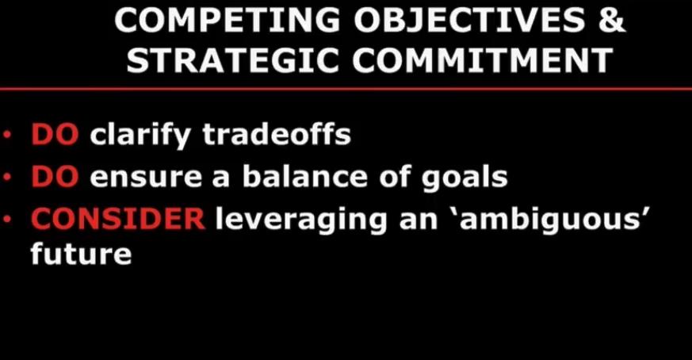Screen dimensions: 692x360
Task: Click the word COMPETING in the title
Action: [x=227, y=21]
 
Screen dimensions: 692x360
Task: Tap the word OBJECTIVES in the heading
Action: [x=468, y=21]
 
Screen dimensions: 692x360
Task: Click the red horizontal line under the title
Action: [x=346, y=89]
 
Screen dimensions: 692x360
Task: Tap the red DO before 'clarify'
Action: [x=55, y=134]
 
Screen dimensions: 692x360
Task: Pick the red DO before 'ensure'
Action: [x=55, y=177]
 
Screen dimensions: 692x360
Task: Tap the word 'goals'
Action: [x=465, y=178]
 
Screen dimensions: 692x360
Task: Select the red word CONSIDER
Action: [x=118, y=219]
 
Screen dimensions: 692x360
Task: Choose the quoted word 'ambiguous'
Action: [x=556, y=219]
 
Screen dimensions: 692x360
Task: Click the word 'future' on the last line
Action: [x=81, y=254]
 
